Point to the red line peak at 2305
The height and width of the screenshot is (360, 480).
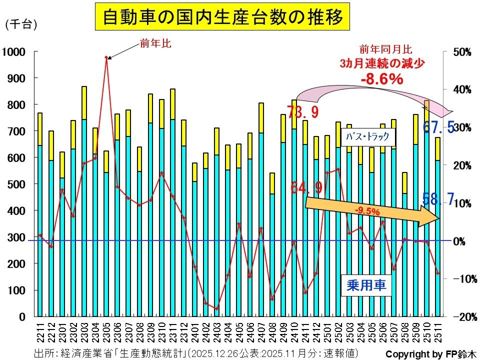tap(106, 57)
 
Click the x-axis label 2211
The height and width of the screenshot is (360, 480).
tap(40, 333)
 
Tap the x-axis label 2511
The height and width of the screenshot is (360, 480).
tap(438, 333)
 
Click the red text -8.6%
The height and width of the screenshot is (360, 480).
tap(382, 78)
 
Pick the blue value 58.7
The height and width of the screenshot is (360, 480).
tap(438, 199)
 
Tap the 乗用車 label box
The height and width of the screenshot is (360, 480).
tap(366, 285)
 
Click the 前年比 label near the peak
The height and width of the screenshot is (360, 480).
tap(155, 44)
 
